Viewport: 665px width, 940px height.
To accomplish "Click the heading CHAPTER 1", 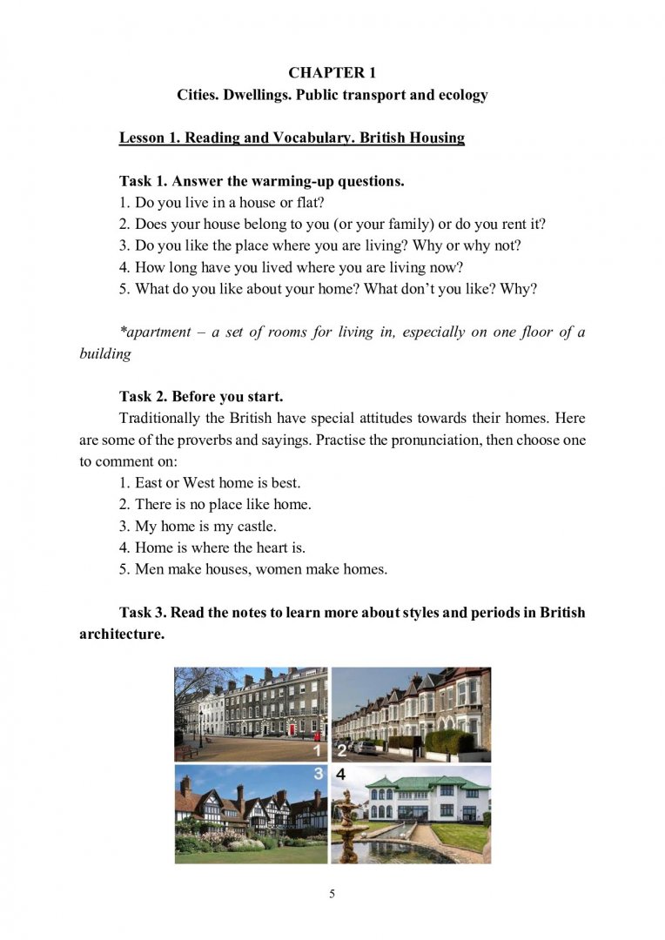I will [x=332, y=72].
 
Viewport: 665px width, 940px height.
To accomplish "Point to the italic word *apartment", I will [x=155, y=333].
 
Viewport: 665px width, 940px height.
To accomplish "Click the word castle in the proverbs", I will [x=254, y=526].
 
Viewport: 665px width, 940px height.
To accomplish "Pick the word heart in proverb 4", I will [x=270, y=547].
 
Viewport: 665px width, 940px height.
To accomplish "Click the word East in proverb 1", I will [x=150, y=482].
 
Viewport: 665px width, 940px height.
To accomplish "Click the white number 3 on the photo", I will [x=319, y=774].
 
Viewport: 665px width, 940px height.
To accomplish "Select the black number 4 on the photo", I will [x=341, y=774].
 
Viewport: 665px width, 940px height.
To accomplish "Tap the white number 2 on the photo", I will [x=341, y=750].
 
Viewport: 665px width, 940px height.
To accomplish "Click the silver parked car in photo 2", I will [x=366, y=747].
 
